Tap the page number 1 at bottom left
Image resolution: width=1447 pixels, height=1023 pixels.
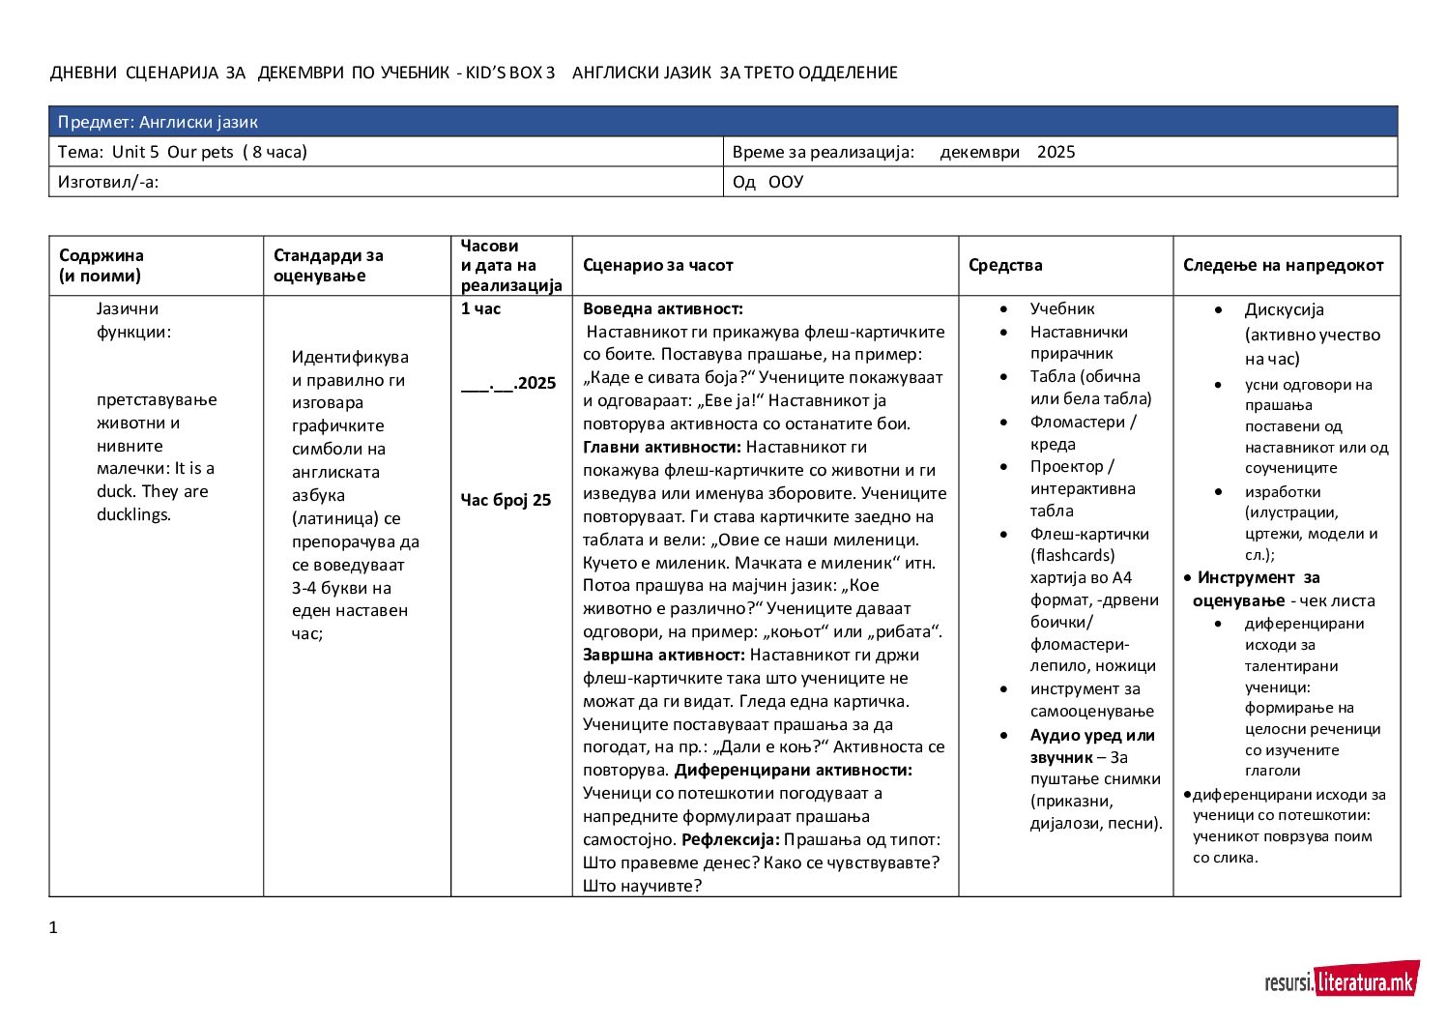53,927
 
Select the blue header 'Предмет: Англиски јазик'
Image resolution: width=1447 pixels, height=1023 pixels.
158,122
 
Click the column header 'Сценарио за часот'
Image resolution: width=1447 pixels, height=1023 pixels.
657,265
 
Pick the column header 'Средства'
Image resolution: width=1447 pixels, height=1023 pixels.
1005,265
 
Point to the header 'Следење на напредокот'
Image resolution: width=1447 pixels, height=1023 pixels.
1283,265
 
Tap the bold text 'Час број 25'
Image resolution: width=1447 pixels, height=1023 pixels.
506,500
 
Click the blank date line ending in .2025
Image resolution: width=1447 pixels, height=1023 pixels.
508,383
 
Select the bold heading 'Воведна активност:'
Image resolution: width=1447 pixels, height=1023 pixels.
662,308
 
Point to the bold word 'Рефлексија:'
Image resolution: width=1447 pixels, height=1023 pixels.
730,839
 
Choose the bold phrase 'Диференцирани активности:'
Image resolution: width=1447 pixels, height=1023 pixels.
793,770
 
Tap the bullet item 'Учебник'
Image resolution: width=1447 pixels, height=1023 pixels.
1061,308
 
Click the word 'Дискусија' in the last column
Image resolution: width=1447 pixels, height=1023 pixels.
1284,309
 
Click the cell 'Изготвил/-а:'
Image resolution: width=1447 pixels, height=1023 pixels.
108,182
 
